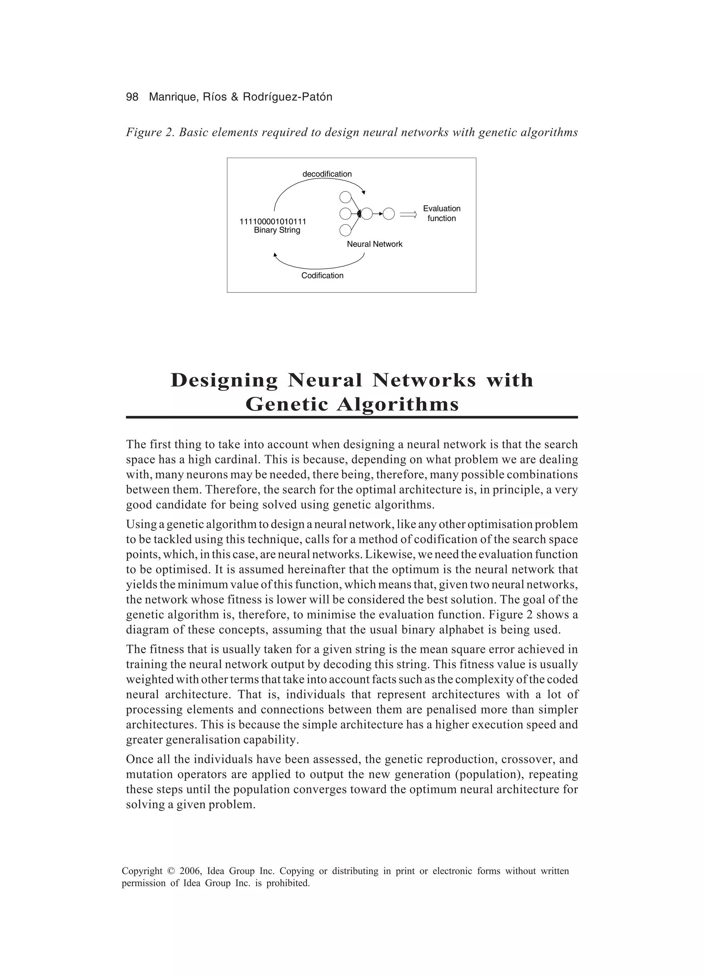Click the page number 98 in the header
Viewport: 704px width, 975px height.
coord(132,97)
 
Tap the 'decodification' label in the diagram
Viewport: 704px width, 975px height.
coord(327,174)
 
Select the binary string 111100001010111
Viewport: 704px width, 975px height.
coord(273,222)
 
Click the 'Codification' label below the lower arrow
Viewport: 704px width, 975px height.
coord(322,276)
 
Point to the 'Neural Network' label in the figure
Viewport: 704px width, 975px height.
coord(375,244)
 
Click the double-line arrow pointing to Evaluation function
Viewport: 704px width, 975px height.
coord(408,214)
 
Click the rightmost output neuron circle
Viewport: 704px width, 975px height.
coord(388,214)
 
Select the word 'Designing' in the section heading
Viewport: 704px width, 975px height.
coord(224,380)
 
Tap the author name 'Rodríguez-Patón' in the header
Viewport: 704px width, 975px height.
coord(287,97)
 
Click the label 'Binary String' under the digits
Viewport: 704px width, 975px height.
coord(277,230)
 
